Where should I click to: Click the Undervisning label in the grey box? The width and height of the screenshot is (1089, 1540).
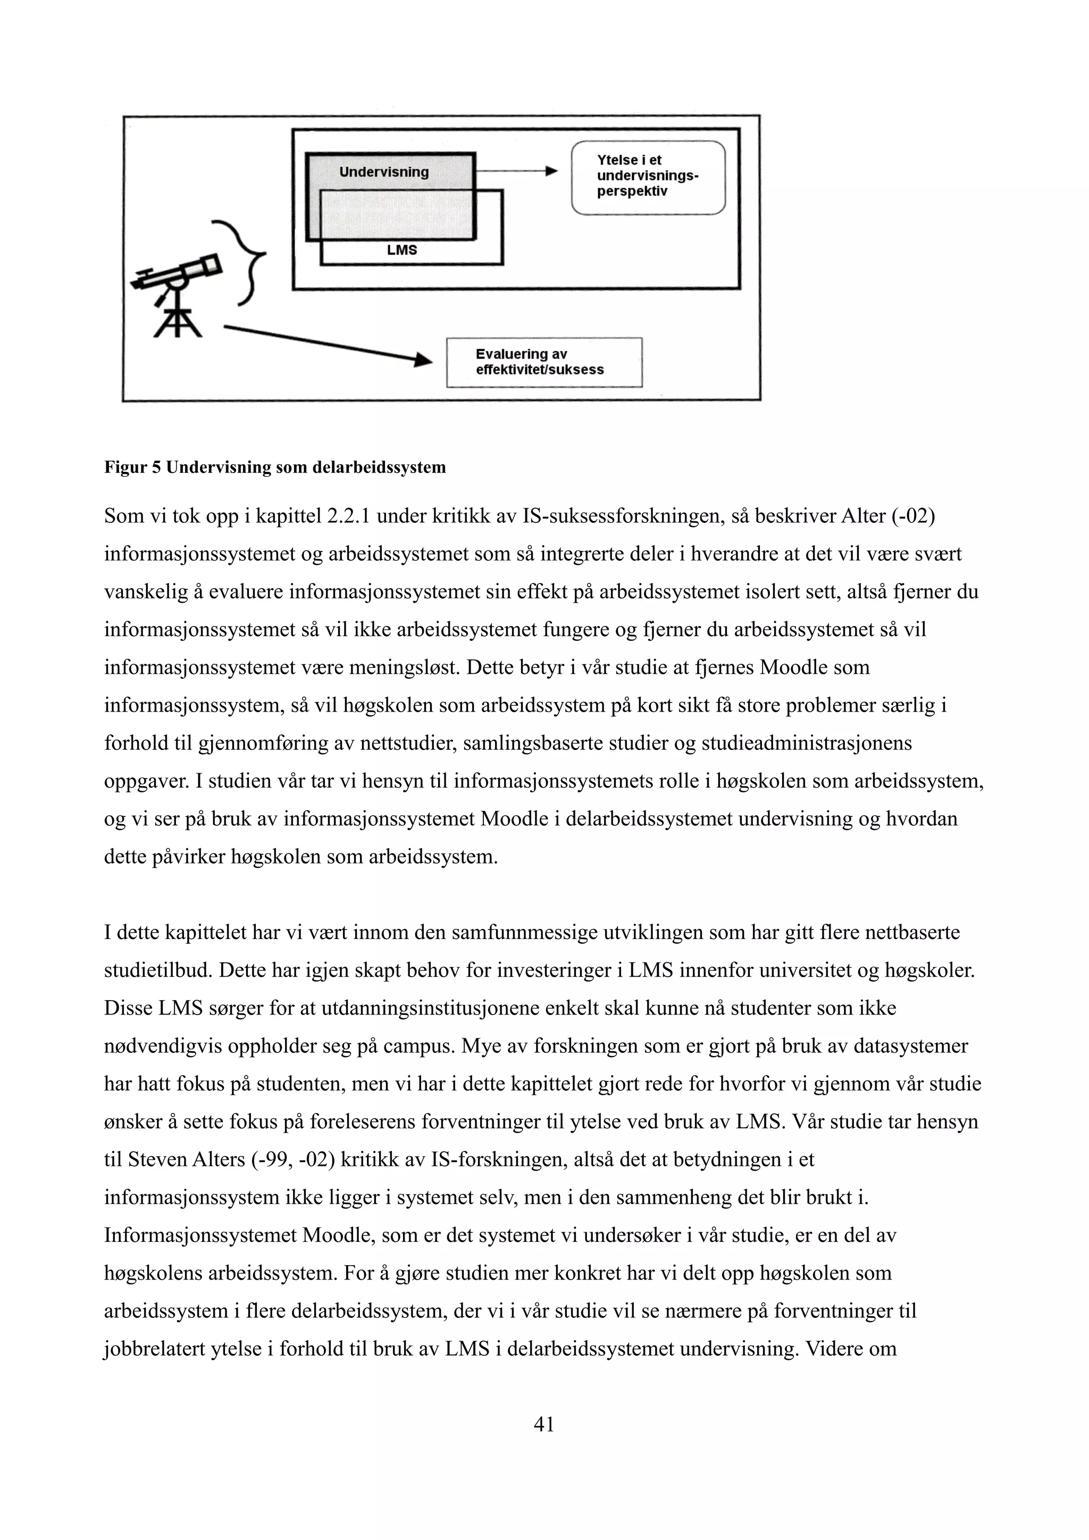click(x=384, y=172)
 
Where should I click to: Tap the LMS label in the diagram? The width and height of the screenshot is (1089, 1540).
click(x=402, y=250)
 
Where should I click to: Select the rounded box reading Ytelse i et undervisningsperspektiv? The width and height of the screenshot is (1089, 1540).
click(x=648, y=177)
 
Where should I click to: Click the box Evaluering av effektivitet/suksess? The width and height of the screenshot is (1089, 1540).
click(x=544, y=362)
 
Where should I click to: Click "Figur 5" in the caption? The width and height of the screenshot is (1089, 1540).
click(x=132, y=468)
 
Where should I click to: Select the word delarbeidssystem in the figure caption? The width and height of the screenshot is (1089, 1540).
click(x=379, y=468)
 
